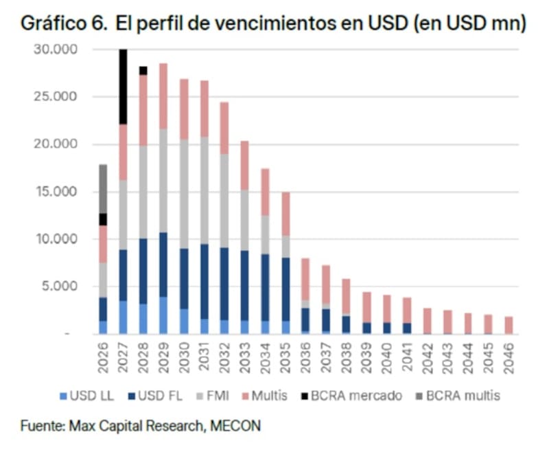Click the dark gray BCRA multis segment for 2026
(x=103, y=188)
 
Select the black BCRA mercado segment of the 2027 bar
(x=123, y=87)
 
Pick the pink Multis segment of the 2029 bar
(x=163, y=96)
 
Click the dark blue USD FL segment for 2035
(x=285, y=289)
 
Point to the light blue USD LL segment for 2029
(x=163, y=315)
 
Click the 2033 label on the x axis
(x=246, y=356)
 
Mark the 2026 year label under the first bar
(x=103, y=356)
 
